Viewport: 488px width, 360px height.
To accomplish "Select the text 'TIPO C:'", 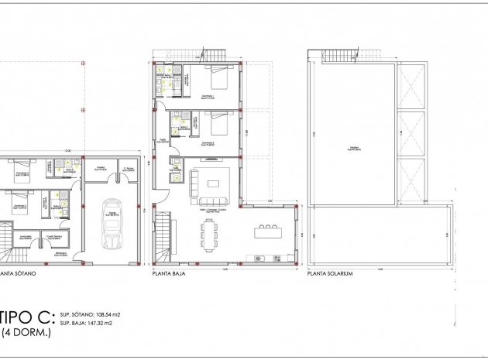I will [26, 316].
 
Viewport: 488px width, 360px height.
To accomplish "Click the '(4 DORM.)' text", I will [27, 333].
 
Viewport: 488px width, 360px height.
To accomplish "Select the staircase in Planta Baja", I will [163, 240].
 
